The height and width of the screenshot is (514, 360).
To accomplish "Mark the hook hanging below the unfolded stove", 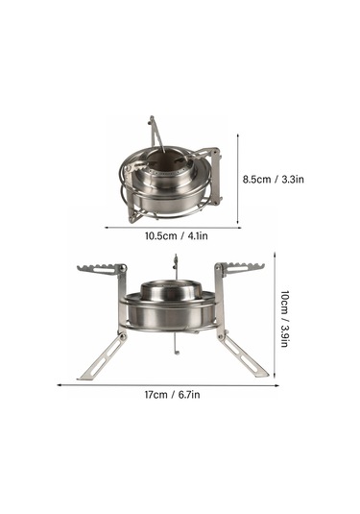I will (x=176, y=352).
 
